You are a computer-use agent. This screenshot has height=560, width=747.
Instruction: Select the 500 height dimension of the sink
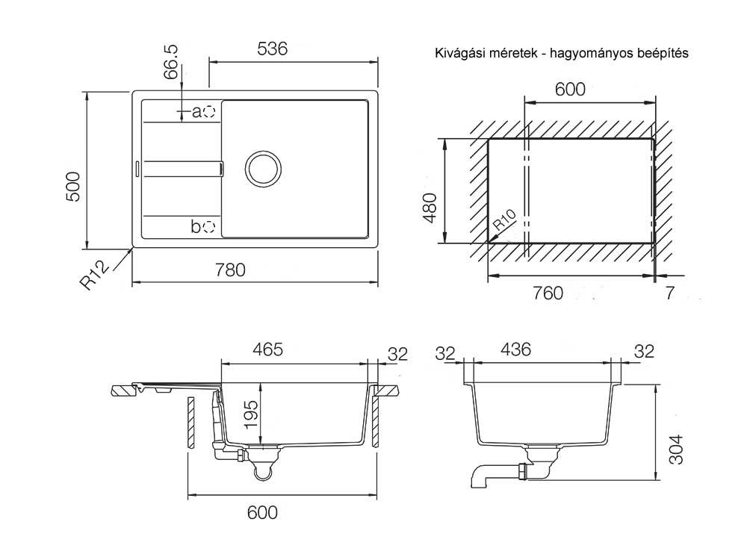pyautogui.click(x=72, y=187)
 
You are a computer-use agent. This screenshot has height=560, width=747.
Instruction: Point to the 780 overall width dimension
pyautogui.click(x=230, y=270)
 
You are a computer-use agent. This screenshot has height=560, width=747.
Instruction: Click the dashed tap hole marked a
pyautogui.click(x=211, y=112)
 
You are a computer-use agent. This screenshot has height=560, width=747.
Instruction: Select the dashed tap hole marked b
pyautogui.click(x=210, y=226)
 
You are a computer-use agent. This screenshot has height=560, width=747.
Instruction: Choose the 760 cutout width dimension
pyautogui.click(x=548, y=293)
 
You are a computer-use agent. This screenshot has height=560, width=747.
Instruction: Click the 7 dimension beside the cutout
pyautogui.click(x=669, y=293)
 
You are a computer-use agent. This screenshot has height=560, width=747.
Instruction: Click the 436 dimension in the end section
pyautogui.click(x=515, y=349)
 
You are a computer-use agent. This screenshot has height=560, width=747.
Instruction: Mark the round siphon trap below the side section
pyautogui.click(x=262, y=470)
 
